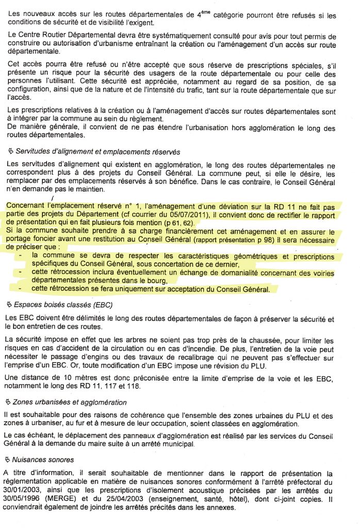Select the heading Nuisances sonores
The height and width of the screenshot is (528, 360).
pos(46,459)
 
